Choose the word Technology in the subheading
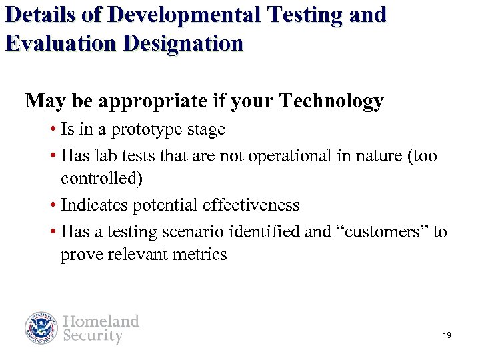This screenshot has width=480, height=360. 331,101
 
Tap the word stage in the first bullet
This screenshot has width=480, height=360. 207,129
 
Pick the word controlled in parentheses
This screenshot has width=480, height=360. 101,179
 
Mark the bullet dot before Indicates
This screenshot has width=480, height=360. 53,205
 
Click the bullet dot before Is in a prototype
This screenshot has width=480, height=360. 53,129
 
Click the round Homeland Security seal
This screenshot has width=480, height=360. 42,328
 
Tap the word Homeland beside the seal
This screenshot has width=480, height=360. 101,321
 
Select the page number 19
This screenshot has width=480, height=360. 447,335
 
